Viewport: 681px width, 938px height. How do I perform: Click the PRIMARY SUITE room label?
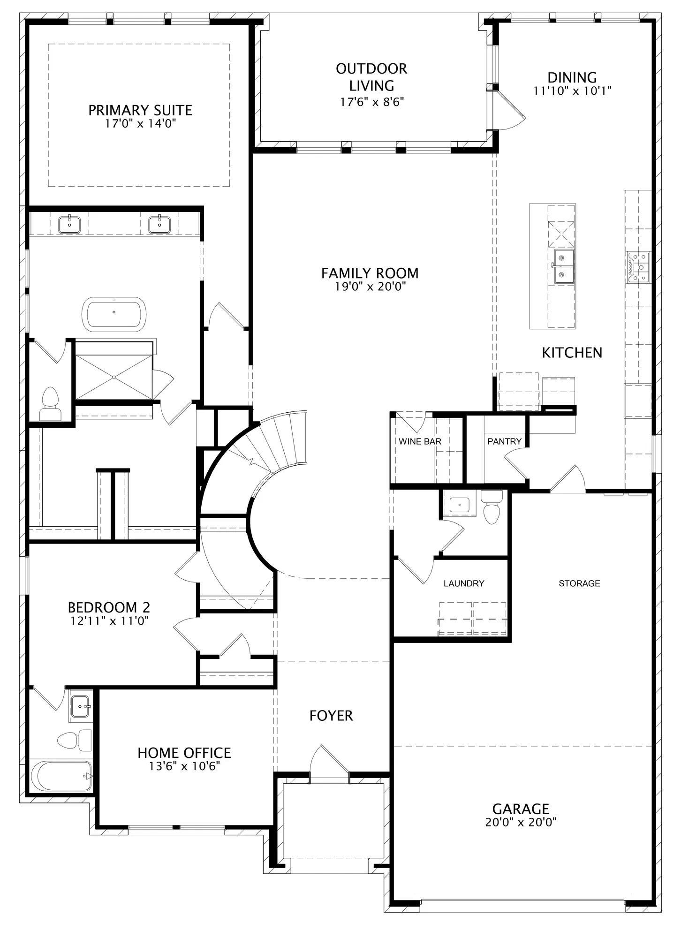coord(140,110)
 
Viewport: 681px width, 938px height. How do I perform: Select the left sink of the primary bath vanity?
coord(69,224)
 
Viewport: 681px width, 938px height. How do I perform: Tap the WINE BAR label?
coord(420,441)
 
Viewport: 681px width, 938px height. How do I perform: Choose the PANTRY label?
coord(504,441)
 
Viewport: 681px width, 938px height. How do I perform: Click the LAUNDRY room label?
coord(464,583)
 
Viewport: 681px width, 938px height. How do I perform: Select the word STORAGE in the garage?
coord(579,583)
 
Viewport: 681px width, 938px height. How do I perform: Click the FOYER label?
coord(331,716)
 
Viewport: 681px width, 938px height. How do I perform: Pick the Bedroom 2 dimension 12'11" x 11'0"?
coord(109,620)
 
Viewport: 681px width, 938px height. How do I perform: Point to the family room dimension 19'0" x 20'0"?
coord(370,286)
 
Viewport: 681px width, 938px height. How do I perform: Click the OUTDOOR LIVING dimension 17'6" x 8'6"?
coord(372,102)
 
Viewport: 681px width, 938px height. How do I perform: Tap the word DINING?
coord(572,77)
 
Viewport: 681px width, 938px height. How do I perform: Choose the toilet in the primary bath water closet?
coord(50,404)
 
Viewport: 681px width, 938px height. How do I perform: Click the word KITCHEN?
coord(572,353)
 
